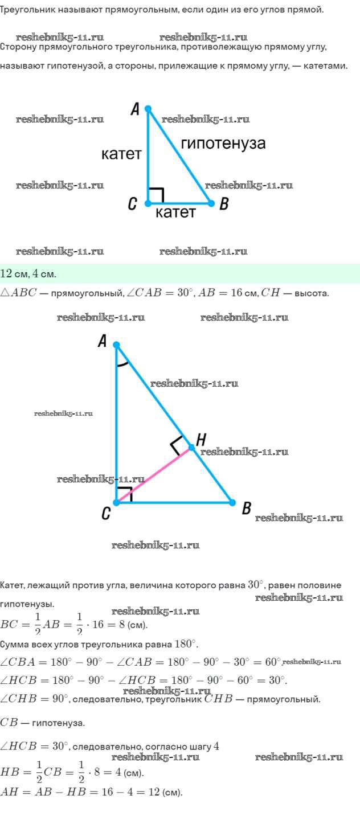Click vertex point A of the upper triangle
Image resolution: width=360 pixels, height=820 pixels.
click(148, 108)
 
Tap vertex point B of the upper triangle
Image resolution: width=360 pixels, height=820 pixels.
click(211, 203)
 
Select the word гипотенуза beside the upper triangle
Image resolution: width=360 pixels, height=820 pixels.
click(223, 143)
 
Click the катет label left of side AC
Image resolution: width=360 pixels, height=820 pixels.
click(121, 154)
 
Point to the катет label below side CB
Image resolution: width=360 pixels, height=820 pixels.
click(175, 213)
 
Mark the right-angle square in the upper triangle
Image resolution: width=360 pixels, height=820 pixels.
click(156, 195)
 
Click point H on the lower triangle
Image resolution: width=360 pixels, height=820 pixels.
click(191, 448)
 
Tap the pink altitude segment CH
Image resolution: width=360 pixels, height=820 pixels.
click(154, 475)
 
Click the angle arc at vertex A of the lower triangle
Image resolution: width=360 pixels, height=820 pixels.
click(122, 364)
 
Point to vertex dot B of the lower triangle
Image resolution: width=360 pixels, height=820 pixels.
click(232, 502)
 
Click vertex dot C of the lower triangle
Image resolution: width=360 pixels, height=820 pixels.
click(116, 502)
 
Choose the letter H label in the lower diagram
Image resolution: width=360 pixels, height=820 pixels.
click(201, 439)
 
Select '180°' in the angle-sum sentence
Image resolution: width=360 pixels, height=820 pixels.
click(185, 644)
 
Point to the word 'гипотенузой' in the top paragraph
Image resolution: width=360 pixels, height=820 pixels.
click(59, 66)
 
